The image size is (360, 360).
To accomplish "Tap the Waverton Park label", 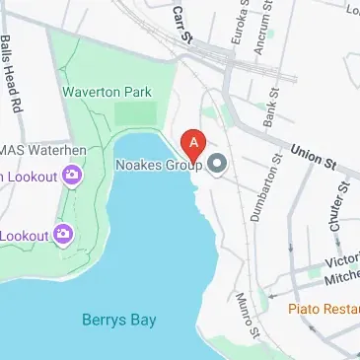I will coord(108,92).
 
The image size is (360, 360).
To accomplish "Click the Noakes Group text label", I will coord(158,165).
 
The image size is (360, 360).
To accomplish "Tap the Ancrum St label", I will coord(261,30).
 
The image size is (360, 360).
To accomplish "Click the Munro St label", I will coord(247,315).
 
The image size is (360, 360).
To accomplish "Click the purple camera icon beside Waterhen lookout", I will coord(71,177).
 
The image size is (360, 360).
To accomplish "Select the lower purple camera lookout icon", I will coord(64,234).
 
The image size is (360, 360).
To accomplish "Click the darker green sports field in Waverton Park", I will coord(135,113).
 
